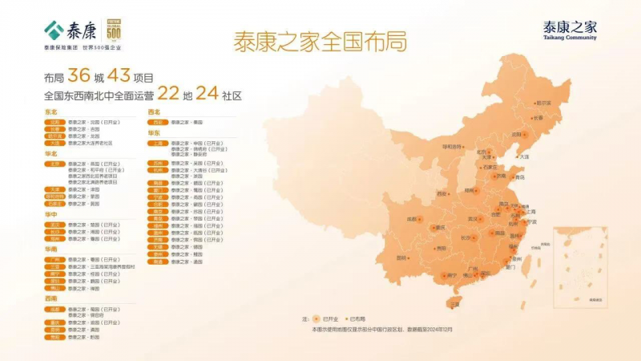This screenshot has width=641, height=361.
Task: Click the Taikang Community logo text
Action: tap(570, 30)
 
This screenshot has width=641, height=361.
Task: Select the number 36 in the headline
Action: tap(79, 76)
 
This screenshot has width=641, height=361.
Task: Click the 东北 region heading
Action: tap(51, 113)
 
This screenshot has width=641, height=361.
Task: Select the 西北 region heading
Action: tap(155, 113)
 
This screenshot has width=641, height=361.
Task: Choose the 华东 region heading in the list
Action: tap(155, 133)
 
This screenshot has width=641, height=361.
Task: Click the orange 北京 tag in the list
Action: tap(54, 164)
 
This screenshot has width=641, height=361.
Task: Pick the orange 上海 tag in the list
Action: tap(158, 143)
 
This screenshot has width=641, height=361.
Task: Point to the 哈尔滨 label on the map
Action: tap(544, 103)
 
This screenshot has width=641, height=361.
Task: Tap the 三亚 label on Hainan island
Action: tap(455, 304)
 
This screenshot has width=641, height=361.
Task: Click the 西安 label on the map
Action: tap(441, 193)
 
